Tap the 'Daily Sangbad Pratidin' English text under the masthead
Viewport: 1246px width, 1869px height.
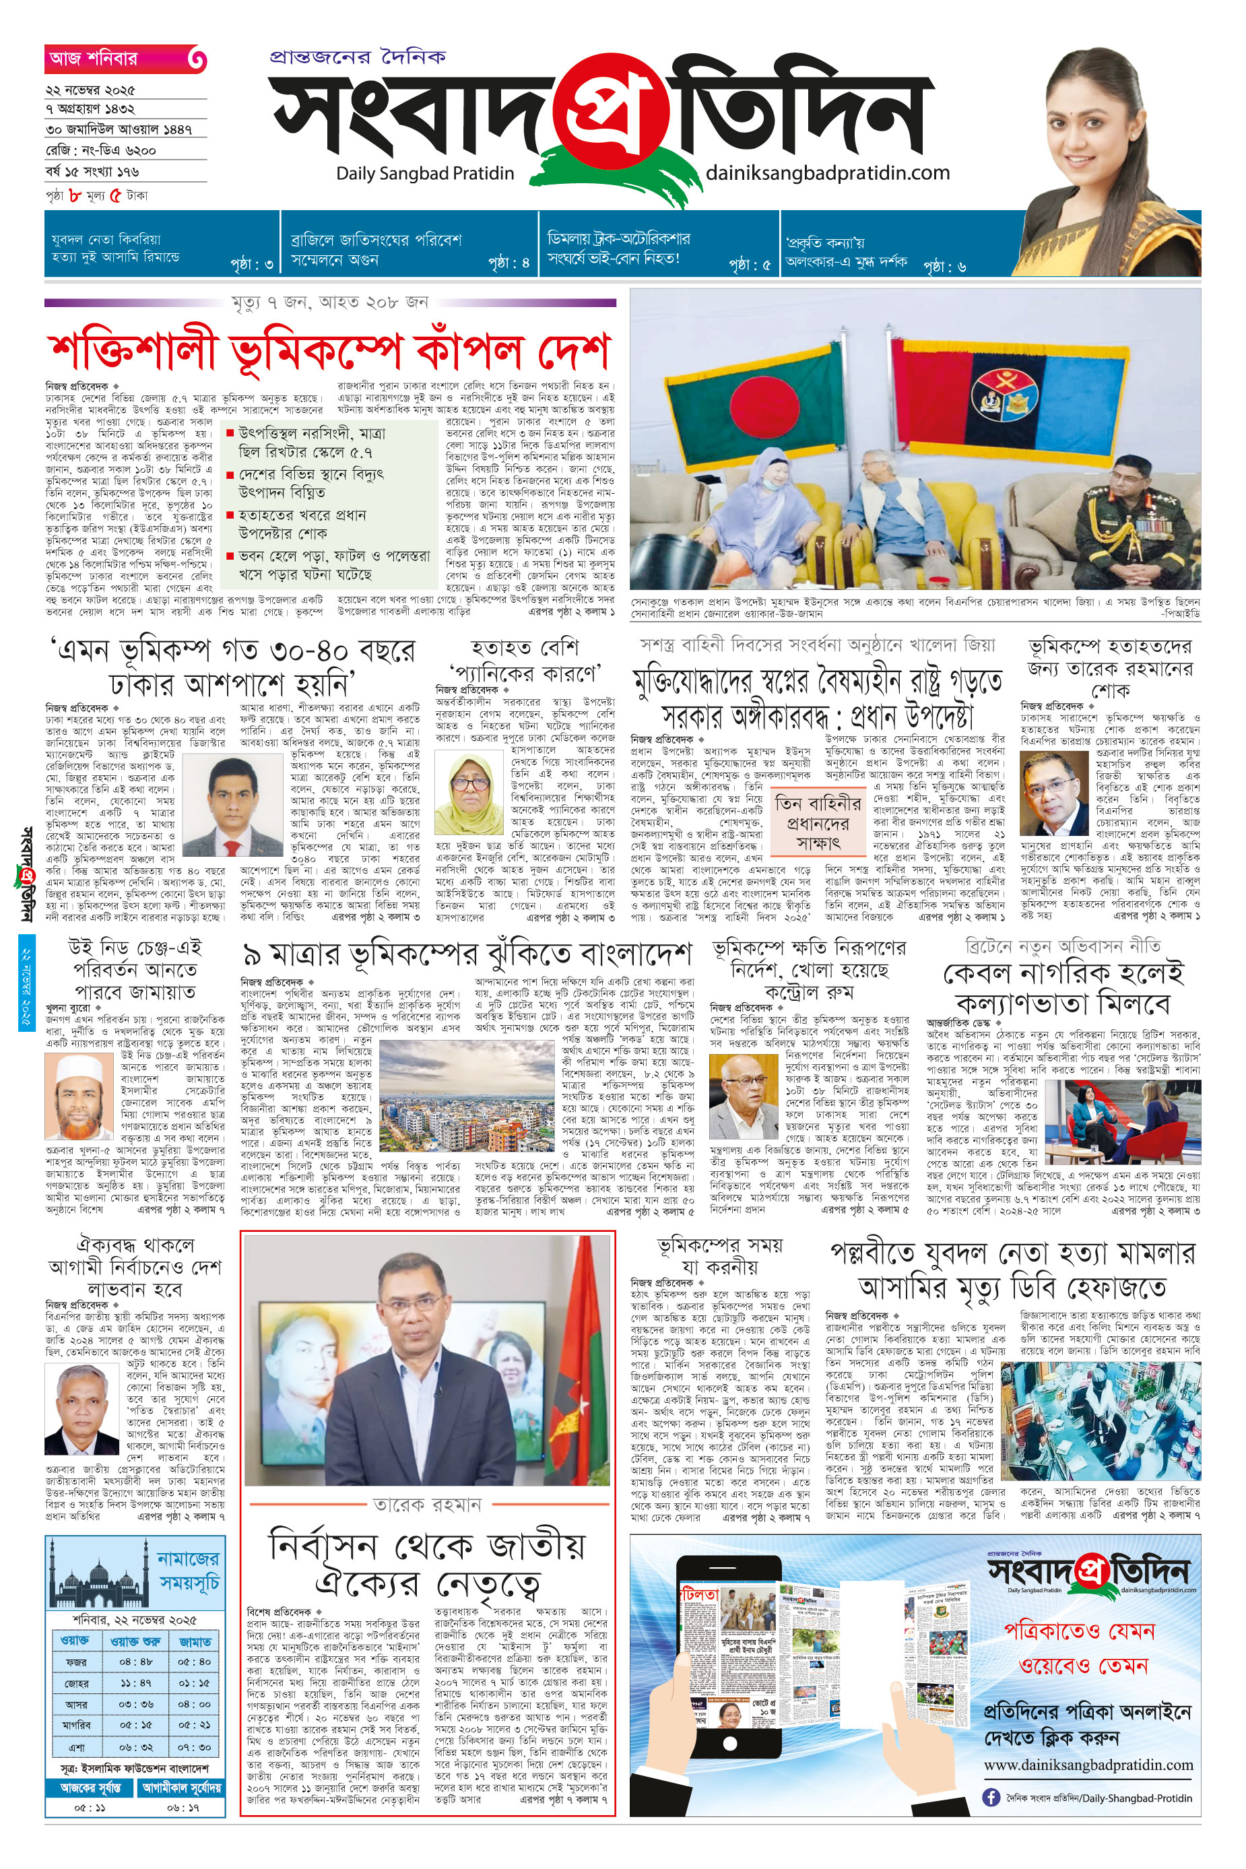point(425,173)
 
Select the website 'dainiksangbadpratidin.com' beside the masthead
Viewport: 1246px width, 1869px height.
point(827,172)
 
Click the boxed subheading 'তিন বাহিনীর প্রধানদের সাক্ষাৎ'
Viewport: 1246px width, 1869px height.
point(818,822)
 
